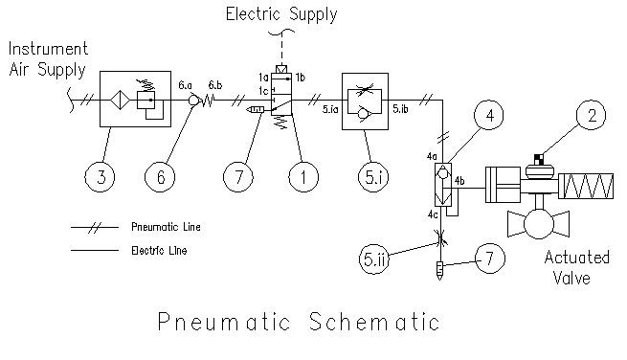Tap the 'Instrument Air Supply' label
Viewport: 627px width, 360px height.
[x=48, y=57]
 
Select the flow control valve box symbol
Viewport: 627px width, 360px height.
[x=365, y=99]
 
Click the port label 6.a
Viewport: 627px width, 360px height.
[x=188, y=84]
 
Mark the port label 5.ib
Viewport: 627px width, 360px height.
[x=401, y=110]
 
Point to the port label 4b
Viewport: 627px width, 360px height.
[x=459, y=180]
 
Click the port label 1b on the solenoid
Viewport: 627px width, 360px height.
[x=300, y=76]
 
